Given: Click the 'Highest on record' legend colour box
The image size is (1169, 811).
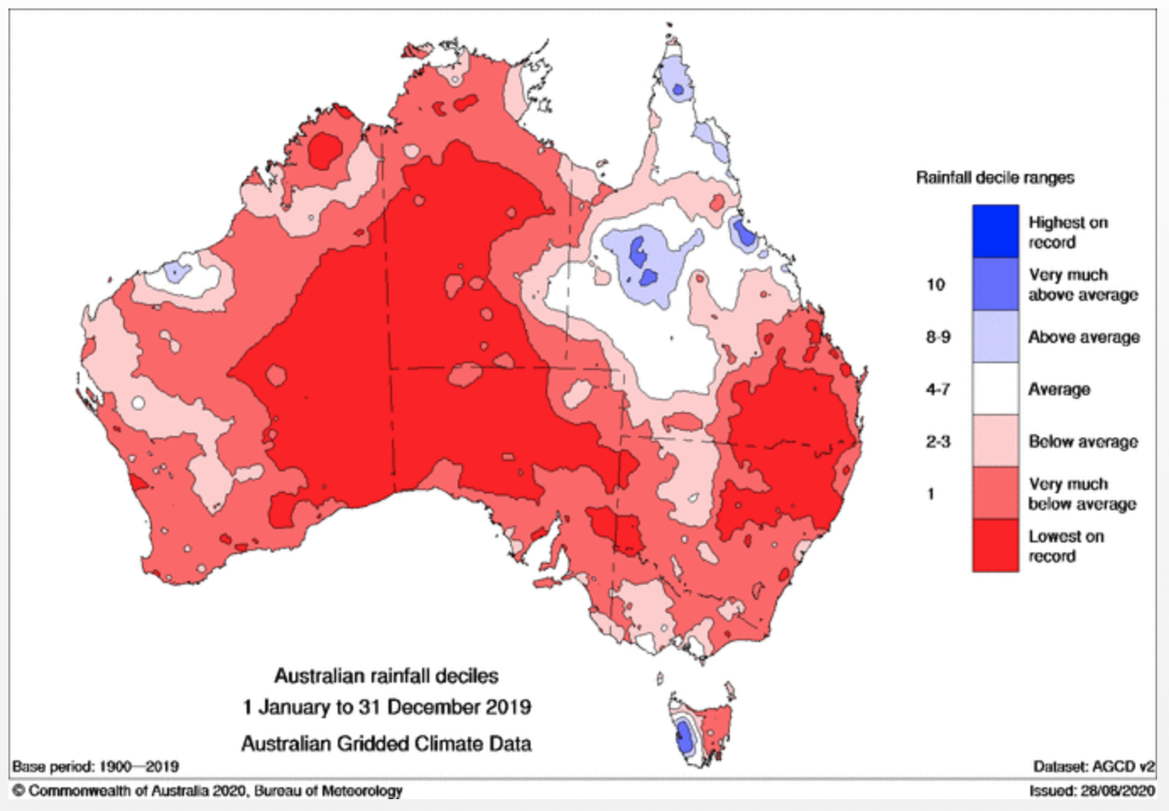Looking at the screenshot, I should point(995,231).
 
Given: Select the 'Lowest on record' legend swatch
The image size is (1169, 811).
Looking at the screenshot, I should point(995,546).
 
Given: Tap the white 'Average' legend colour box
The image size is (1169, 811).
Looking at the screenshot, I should point(995,389).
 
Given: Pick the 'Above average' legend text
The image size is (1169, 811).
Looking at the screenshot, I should point(1084,337).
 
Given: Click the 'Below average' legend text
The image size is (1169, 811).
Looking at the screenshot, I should point(1083,441).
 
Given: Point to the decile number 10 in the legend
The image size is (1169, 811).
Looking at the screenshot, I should point(935,285).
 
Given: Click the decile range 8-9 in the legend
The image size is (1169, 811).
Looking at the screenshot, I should point(938,337).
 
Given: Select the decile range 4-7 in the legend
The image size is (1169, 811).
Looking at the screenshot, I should point(938,389).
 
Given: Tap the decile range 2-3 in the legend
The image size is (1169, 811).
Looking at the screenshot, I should point(938,441).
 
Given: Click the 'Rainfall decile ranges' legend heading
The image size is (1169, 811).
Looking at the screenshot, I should point(995,177).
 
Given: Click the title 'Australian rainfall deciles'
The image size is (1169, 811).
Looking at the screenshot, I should point(386,676).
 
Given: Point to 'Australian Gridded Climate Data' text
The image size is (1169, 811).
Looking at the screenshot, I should point(386,743).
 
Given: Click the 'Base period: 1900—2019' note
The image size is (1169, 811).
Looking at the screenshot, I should point(95,766).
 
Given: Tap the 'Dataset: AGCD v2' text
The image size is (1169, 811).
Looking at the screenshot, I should point(1094,766).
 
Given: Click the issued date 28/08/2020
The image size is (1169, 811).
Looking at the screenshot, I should point(1116,791).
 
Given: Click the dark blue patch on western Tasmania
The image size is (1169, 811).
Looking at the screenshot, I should point(685,740).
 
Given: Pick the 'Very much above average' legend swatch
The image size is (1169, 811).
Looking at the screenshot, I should point(995,284).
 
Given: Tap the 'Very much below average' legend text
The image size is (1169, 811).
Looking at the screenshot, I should point(1082,493).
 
